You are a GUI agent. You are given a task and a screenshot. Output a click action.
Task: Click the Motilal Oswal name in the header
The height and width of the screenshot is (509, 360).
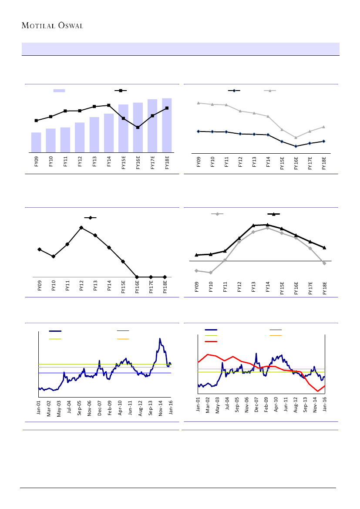pos(52,25)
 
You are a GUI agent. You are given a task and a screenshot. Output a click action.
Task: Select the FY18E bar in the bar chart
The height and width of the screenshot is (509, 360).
pos(167,125)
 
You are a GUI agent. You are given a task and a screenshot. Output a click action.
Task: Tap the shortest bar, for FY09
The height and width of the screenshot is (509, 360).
pos(36,142)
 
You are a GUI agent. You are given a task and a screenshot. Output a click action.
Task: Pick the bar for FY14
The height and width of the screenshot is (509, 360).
pos(109,133)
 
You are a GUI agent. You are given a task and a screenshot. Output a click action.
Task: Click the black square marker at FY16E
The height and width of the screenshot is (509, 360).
pos(138,128)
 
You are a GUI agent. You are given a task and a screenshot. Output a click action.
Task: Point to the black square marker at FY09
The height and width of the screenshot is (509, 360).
pos(36,120)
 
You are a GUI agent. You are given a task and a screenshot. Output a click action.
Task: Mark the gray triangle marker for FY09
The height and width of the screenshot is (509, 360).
pos(199,103)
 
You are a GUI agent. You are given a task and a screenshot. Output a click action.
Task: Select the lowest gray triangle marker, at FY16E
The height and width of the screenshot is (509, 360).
pos(296,138)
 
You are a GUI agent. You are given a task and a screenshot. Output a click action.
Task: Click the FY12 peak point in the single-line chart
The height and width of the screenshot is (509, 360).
pos(81,228)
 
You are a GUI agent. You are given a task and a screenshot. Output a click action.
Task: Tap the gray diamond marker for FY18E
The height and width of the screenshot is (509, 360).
pos(325,263)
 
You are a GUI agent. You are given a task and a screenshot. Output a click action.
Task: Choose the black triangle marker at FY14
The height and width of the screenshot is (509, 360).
pos(268,225)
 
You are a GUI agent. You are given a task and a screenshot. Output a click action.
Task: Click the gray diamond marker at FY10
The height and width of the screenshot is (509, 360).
pos(211,273)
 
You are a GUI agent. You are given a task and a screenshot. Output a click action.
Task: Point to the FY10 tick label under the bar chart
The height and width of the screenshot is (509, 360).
pos(51,162)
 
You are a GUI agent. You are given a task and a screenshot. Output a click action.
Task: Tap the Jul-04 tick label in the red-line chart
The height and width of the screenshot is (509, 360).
pos(228,404)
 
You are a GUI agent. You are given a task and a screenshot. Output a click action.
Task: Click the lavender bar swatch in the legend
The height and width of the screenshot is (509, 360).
pos(59,91)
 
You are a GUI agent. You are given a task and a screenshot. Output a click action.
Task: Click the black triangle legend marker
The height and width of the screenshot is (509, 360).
pos(273,214)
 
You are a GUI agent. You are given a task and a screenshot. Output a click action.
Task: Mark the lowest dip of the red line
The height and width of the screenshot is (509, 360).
pos(318,391)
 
